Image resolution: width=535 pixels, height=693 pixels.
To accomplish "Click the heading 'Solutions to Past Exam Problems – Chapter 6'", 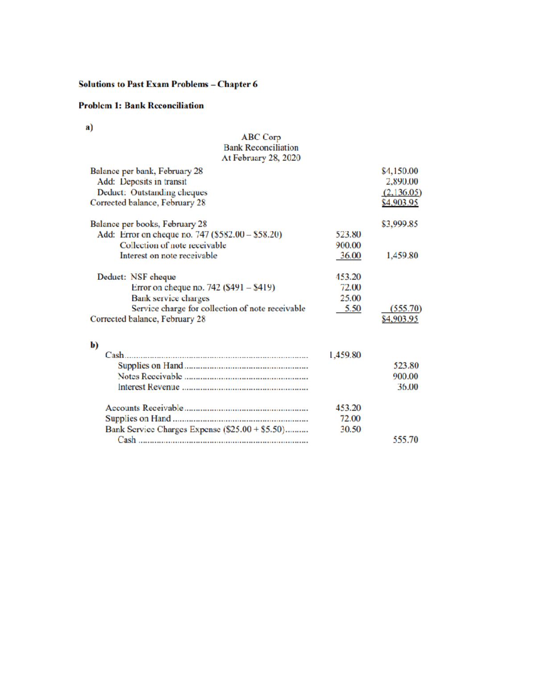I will tap(168, 84).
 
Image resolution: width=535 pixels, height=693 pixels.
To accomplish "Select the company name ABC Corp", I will tap(261, 137).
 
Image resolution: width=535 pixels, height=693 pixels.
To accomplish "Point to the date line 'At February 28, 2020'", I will tap(261, 158).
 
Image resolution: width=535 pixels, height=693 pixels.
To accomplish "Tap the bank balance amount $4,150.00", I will tap(399, 171).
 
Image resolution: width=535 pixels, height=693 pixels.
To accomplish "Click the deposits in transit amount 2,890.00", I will tap(402, 182).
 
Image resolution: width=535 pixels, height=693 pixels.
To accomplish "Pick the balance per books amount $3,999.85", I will tap(399, 224).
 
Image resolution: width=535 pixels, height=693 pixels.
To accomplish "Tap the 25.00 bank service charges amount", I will tap(350, 298).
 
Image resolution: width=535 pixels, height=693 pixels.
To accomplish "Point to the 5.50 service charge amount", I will tap(352, 308).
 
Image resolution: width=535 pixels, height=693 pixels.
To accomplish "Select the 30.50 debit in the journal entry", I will tap(350, 429).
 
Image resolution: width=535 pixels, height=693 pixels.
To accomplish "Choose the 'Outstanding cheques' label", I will tap(169, 192).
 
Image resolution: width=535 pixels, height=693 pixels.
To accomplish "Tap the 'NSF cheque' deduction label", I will tap(153, 277).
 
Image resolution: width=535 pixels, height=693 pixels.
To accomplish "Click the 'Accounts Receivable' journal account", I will tap(144, 408).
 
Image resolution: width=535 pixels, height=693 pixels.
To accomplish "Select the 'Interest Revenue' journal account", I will tap(148, 387).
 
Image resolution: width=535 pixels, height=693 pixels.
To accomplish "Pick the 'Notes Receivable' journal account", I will tap(150, 376).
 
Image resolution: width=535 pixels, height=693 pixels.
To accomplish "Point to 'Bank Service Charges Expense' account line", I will tap(194, 429).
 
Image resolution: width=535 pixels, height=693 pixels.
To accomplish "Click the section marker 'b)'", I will tap(94, 345).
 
